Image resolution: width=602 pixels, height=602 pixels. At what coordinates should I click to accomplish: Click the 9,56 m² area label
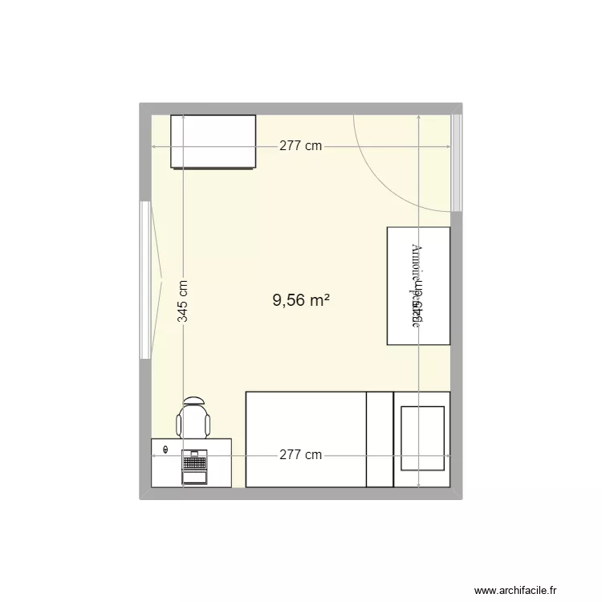click(x=302, y=300)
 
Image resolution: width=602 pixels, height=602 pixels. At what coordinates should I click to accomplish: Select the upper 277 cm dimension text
click(x=301, y=146)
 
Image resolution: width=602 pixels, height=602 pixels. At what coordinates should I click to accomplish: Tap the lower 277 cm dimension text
click(x=301, y=455)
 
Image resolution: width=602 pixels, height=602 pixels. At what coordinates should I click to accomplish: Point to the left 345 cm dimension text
click(x=183, y=300)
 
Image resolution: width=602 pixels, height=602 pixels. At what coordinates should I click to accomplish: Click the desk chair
click(x=194, y=421)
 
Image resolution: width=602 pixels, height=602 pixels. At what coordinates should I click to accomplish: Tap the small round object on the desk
click(x=166, y=449)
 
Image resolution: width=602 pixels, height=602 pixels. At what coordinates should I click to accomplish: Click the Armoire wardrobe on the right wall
click(x=418, y=287)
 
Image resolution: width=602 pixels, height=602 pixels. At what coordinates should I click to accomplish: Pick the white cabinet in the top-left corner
click(x=213, y=142)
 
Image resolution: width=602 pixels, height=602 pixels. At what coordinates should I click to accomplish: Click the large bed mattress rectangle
click(x=306, y=439)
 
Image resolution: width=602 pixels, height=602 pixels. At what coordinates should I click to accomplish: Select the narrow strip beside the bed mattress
click(x=380, y=439)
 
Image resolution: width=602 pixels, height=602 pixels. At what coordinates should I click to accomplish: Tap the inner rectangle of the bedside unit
click(x=422, y=439)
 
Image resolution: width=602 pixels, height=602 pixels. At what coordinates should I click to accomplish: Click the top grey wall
click(x=301, y=108)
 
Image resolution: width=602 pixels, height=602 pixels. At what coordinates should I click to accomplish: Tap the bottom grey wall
click(x=301, y=494)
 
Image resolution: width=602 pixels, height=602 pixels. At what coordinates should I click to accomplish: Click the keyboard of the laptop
click(x=194, y=463)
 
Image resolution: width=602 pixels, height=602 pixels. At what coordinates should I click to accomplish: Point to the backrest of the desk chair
click(x=194, y=401)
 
